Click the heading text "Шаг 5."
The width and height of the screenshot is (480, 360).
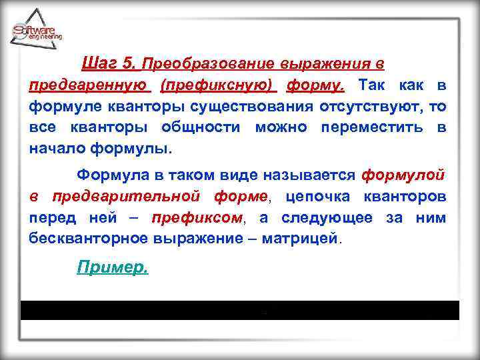click(x=109, y=64)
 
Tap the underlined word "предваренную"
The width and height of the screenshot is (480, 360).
click(x=87, y=85)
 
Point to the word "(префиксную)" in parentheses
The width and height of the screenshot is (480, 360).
click(x=217, y=85)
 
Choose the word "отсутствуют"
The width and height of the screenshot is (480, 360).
click(x=358, y=107)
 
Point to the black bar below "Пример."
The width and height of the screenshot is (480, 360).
click(x=240, y=311)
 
